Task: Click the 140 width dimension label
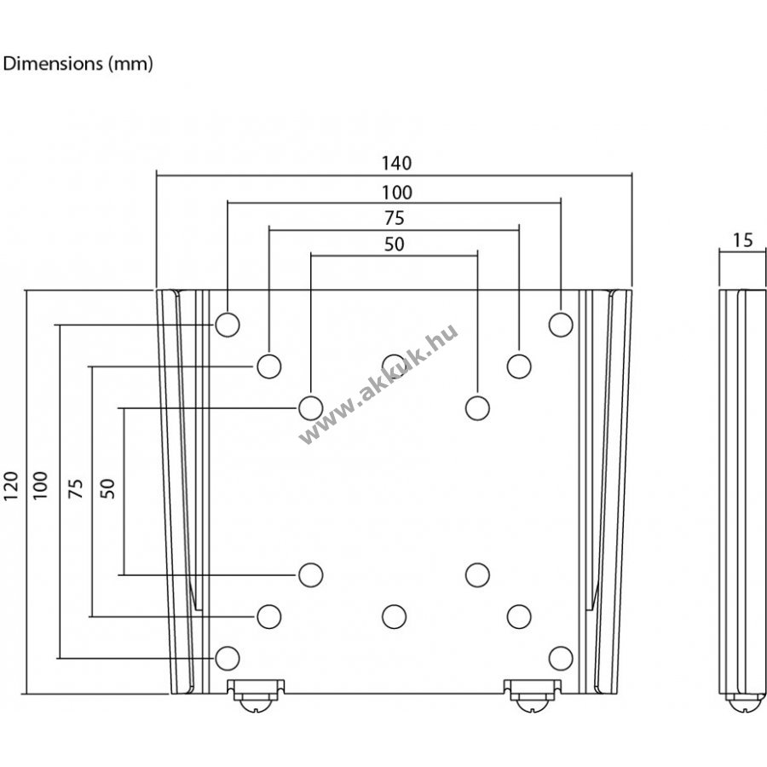coord(396,163)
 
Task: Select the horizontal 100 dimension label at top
coord(396,193)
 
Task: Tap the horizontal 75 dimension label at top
coord(395,218)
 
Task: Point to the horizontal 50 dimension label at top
coord(395,244)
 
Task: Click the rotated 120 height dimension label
coord(11,486)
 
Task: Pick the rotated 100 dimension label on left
coord(40,486)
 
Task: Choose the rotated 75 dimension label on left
coord(76,488)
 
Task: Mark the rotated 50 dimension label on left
coord(107,488)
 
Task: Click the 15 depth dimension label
coord(742,240)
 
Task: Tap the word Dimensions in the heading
coord(53,64)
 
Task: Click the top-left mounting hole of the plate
coord(228,325)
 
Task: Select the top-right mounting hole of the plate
coord(561,325)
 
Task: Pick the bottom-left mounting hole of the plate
coord(228,658)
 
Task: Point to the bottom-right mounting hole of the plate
coord(561,658)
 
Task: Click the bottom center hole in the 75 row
coord(395,616)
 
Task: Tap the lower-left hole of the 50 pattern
coord(310,574)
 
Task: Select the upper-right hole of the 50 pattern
coord(477,408)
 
